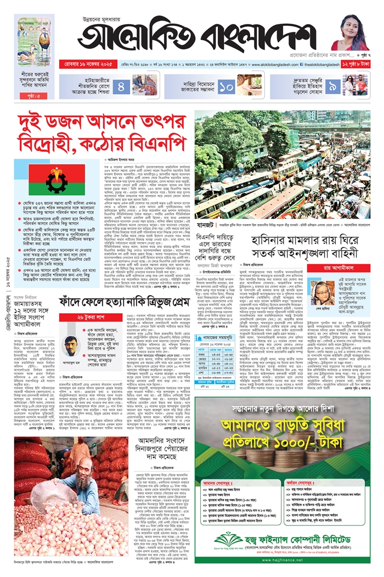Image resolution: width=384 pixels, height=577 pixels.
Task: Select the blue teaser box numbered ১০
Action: click(x=228, y=86)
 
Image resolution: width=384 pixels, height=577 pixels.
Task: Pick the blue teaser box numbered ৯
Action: click(x=333, y=86)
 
